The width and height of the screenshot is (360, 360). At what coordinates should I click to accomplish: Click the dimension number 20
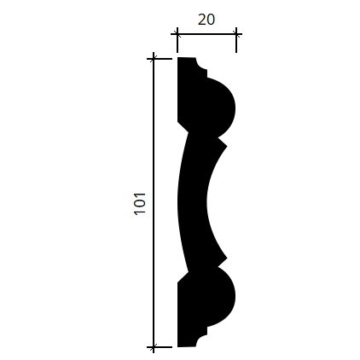coord(206,20)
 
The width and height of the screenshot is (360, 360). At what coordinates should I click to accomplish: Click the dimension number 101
coord(140,204)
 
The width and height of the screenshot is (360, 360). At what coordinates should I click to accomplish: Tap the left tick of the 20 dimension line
coord(177,34)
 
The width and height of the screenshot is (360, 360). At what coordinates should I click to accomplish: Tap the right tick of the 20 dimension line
coord(236,34)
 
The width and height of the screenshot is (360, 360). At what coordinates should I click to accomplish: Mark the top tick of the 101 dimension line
coord(154,59)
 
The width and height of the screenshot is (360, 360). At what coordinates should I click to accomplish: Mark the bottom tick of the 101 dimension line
coord(154,347)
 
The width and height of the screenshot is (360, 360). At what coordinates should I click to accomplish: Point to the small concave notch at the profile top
coord(201,64)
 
